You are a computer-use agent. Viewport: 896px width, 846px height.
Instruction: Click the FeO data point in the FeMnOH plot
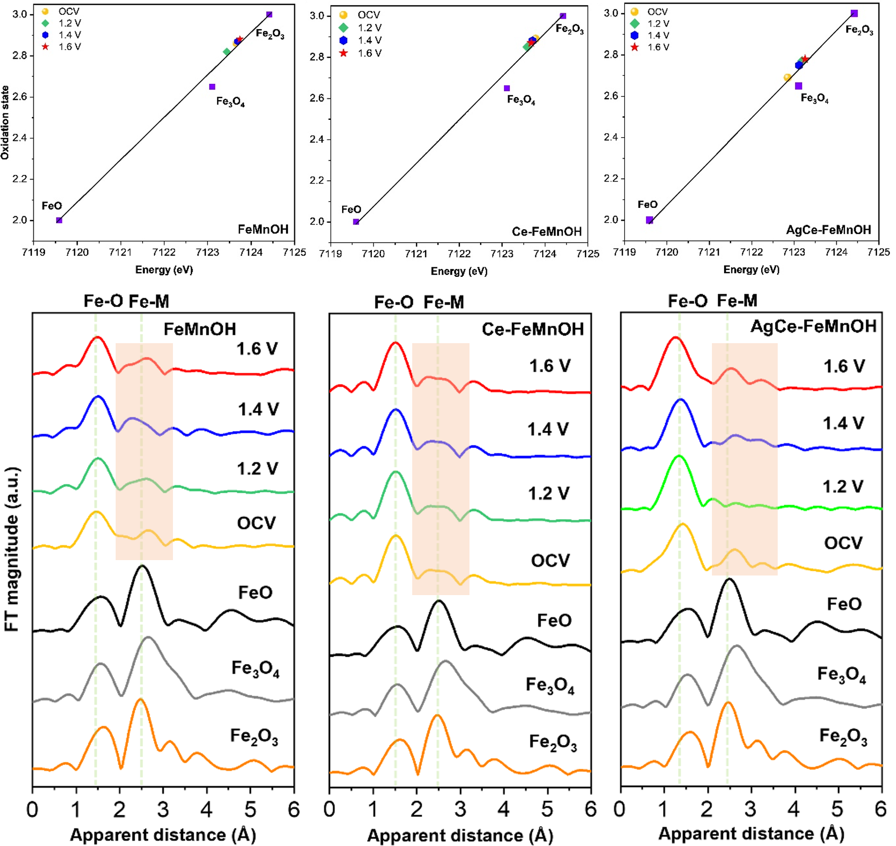[x=59, y=220]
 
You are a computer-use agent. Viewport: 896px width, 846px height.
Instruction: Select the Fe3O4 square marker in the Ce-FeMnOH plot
[x=507, y=88]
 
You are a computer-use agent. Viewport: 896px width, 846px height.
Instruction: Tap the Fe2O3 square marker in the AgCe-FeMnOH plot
[x=854, y=14]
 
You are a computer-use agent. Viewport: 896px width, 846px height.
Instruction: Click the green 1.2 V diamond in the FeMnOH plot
[x=227, y=52]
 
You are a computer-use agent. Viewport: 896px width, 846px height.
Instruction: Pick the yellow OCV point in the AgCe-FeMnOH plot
[x=787, y=77]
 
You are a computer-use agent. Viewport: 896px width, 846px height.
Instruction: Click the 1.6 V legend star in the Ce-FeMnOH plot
[x=344, y=53]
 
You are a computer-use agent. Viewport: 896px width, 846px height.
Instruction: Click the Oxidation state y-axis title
[x=5, y=123]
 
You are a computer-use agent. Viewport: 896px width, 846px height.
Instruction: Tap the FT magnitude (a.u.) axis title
[x=12, y=549]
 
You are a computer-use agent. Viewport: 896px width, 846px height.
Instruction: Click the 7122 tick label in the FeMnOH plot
[x=164, y=252]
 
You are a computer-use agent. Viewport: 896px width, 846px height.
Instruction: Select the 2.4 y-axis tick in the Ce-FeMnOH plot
[x=317, y=139]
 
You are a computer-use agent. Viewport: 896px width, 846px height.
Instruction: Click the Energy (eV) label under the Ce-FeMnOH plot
[x=459, y=272]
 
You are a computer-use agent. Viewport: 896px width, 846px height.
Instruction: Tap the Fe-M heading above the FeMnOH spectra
[x=149, y=301]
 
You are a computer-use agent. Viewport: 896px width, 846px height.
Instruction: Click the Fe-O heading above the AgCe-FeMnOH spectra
[x=687, y=301]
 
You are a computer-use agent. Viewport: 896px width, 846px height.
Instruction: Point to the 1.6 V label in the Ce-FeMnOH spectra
[x=550, y=366]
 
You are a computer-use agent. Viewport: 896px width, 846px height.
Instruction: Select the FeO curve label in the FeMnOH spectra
[x=255, y=592]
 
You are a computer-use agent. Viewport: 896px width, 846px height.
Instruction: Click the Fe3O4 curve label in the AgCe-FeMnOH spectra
[x=841, y=675]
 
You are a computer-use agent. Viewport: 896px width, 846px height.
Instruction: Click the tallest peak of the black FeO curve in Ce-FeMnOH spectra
[x=438, y=601]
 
